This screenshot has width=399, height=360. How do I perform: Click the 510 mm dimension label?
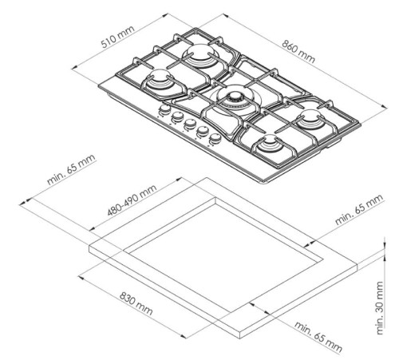click(118, 37)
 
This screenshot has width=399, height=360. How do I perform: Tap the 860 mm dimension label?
click(298, 52)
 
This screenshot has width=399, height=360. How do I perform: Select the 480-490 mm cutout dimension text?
click(132, 200)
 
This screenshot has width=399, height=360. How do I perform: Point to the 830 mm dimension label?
click(136, 303)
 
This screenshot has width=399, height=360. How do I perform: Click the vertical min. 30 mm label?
click(380, 308)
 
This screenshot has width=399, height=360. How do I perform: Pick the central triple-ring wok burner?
click(234, 101)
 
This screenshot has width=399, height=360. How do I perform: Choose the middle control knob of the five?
click(189, 124)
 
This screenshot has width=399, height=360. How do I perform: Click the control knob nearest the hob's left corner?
click(164, 109)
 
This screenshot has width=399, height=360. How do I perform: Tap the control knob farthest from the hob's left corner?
click(215, 138)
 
